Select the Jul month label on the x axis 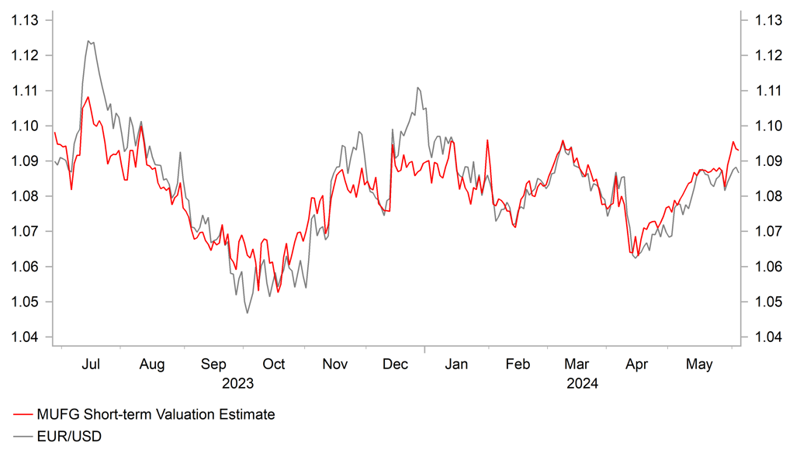[91, 365]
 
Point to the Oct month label [273, 365]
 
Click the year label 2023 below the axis [237, 383]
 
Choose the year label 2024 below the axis [581, 383]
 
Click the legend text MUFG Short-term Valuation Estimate [155, 414]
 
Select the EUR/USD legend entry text [69, 437]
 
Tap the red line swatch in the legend [23, 414]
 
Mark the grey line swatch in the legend [23, 437]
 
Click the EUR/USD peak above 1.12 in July [88, 41]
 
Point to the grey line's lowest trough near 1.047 [248, 313]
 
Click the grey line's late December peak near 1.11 [418, 88]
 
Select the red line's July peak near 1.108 [88, 97]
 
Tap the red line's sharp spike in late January [487, 140]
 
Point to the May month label [701, 365]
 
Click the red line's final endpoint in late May [738, 150]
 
